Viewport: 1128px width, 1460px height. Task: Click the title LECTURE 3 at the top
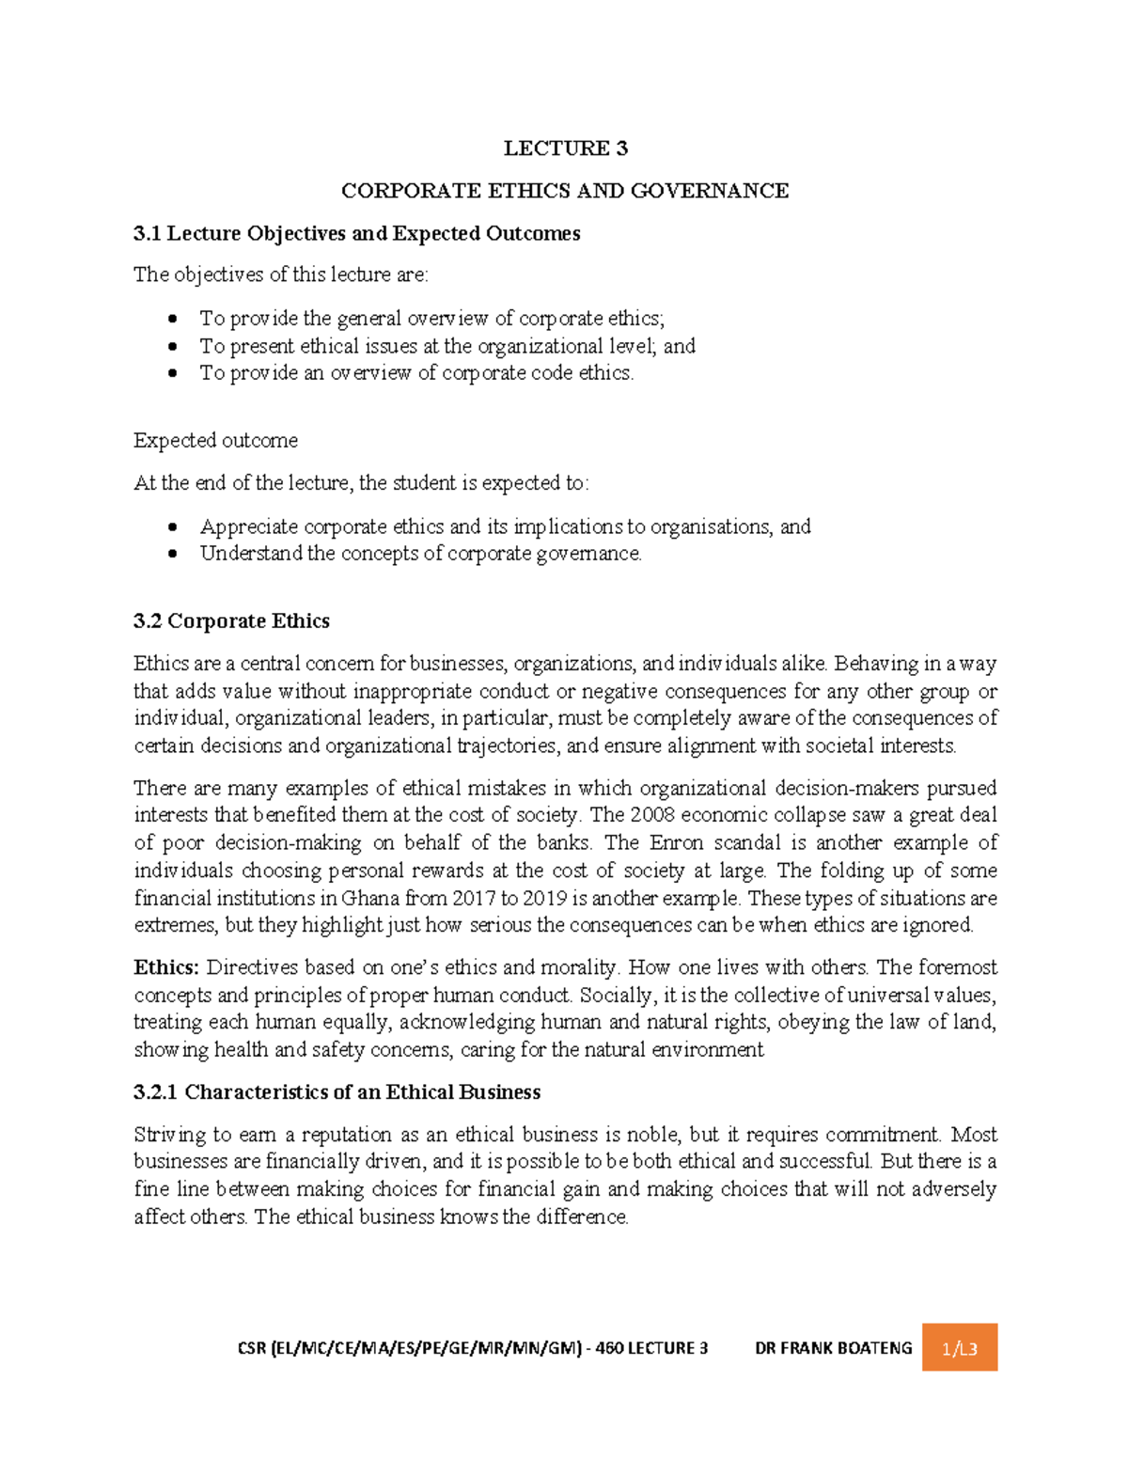click(x=565, y=149)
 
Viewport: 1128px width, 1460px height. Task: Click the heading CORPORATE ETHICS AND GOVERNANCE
click(x=565, y=191)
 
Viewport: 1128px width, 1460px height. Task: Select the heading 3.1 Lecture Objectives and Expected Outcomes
click(x=356, y=233)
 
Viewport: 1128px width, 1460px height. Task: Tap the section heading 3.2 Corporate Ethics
click(x=231, y=621)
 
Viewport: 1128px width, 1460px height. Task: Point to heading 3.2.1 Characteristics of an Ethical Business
click(x=337, y=1092)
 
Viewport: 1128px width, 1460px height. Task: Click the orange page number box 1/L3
click(x=959, y=1348)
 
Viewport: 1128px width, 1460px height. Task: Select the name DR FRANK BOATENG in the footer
click(x=833, y=1348)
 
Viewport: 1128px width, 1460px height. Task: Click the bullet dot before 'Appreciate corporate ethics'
click(x=172, y=527)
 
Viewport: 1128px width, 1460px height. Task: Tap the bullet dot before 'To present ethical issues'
click(x=172, y=347)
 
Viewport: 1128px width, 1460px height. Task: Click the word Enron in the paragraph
click(x=676, y=842)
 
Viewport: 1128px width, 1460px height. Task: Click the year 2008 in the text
click(x=651, y=815)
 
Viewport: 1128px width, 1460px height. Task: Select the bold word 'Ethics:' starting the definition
click(x=165, y=967)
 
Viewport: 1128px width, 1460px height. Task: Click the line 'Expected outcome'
click(x=215, y=441)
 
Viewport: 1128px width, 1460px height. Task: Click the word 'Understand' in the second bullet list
click(x=251, y=554)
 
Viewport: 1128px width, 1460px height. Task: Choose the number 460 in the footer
click(x=609, y=1348)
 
